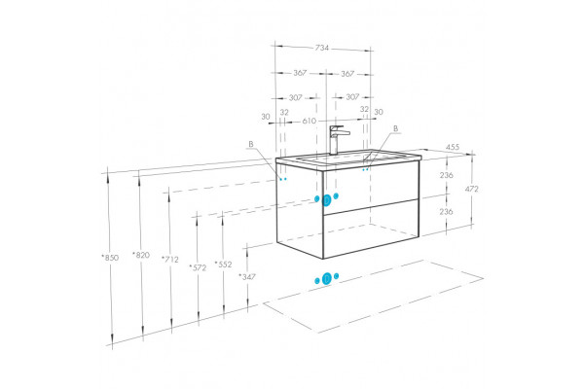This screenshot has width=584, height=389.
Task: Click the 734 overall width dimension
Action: click(x=322, y=48)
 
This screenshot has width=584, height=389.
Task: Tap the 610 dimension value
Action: click(x=310, y=121)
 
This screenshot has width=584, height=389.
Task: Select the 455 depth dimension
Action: click(x=453, y=147)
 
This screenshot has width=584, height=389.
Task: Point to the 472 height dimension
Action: click(x=471, y=189)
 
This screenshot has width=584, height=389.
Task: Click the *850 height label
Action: click(x=110, y=257)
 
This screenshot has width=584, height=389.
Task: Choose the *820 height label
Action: click(x=141, y=255)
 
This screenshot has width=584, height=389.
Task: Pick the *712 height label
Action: click(x=170, y=259)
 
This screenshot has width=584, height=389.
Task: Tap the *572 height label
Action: click(x=198, y=267)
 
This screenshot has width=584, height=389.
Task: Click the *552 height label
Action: click(x=223, y=264)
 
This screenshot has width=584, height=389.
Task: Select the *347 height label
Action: click(x=247, y=276)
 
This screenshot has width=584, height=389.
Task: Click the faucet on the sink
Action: click(x=337, y=140)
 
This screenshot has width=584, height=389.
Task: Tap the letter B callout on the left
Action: click(x=251, y=144)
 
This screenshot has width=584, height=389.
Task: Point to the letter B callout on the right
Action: click(x=395, y=128)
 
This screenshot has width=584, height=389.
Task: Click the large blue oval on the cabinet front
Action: click(x=327, y=200)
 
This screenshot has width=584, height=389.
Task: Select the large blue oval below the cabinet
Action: click(x=327, y=278)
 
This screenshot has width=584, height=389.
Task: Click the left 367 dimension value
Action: click(x=300, y=73)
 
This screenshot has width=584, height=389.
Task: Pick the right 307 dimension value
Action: click(x=352, y=97)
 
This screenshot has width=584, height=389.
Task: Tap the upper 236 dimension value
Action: click(x=446, y=175)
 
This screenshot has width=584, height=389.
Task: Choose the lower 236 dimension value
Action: click(x=446, y=211)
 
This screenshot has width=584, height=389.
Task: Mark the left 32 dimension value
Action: click(x=284, y=112)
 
